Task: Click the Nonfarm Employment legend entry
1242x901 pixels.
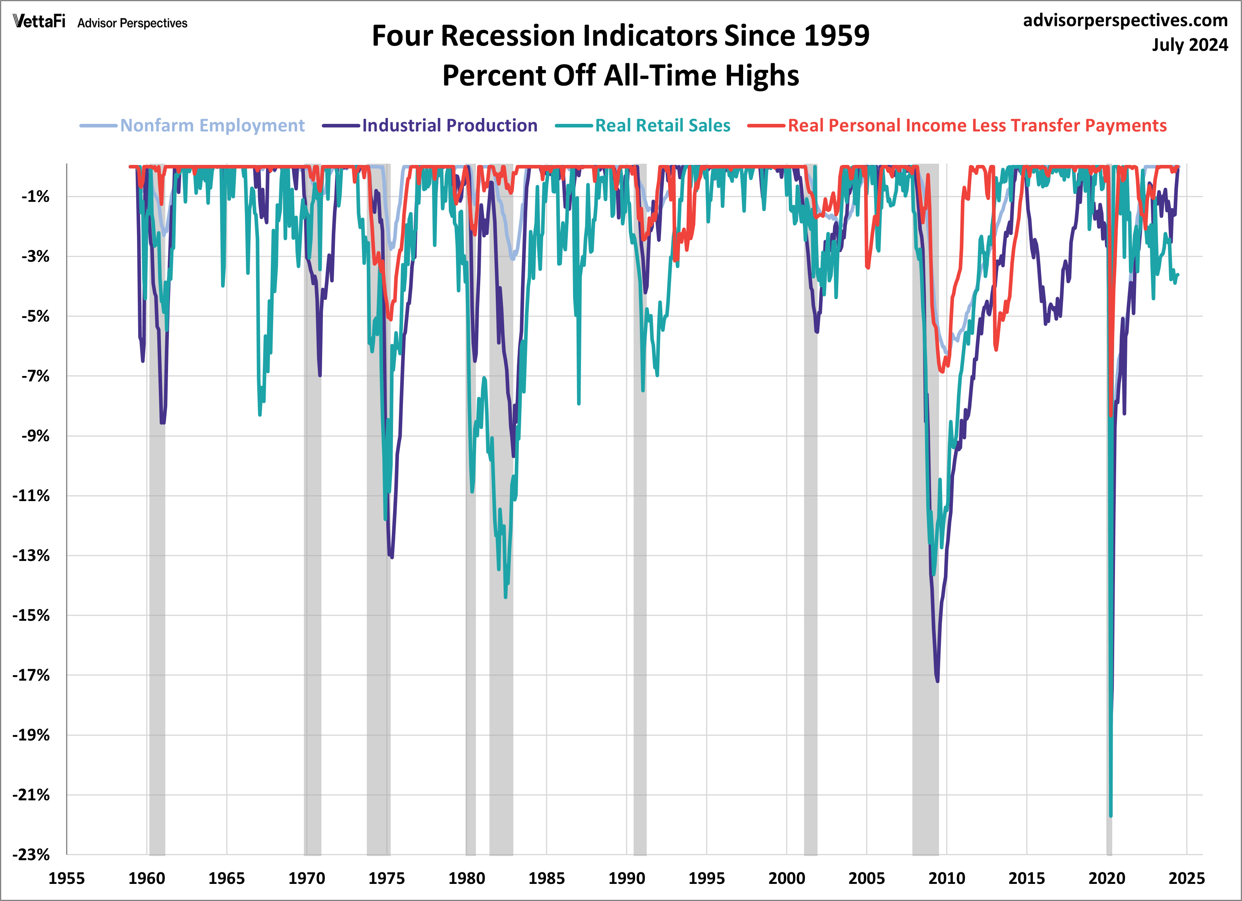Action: [x=212, y=125]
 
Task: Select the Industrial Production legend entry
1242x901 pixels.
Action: [x=449, y=125]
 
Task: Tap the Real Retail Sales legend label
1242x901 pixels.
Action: [x=662, y=125]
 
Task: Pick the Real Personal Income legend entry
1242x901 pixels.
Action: [x=976, y=125]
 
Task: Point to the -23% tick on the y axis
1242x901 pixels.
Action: [x=31, y=854]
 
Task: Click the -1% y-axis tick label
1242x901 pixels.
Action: [x=35, y=197]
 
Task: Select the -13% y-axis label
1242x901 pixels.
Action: [x=31, y=555]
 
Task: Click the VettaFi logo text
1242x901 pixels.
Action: [x=39, y=22]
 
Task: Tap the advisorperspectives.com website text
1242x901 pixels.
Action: [x=1125, y=20]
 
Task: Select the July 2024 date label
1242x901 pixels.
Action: [x=1189, y=44]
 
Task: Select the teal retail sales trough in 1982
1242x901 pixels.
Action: [x=505, y=597]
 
